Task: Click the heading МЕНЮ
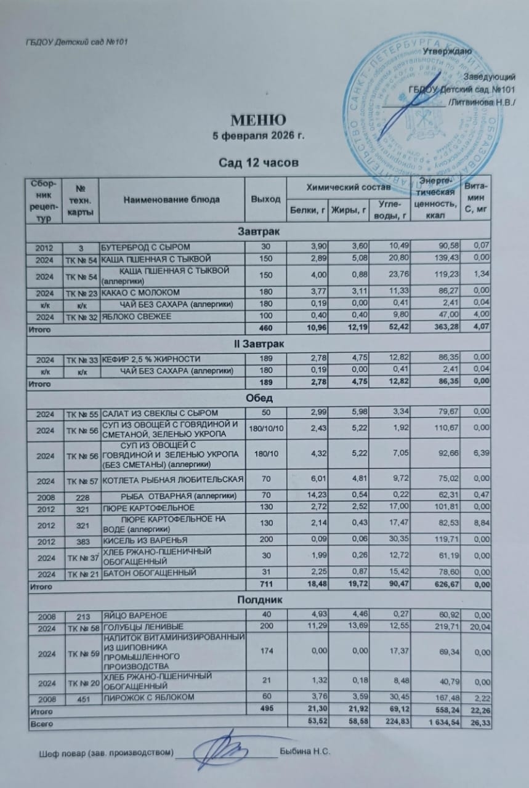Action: point(258,119)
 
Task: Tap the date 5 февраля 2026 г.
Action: point(258,135)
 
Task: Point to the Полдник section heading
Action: point(259,598)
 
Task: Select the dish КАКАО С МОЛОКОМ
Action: point(140,292)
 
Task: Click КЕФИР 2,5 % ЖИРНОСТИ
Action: point(151,358)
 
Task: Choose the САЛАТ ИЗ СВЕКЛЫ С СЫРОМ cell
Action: point(160,411)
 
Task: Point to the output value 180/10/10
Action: point(265,427)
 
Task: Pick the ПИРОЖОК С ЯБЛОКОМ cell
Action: point(148,698)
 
